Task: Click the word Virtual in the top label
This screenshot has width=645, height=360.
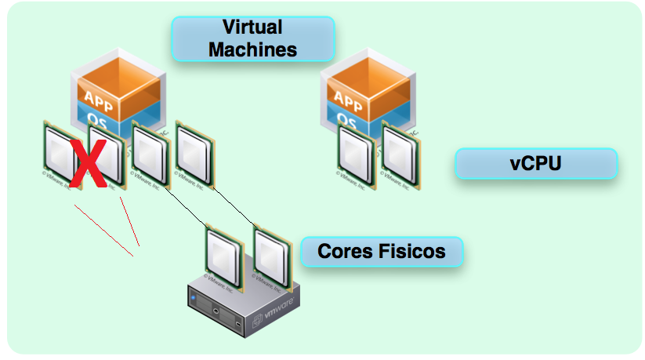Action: click(x=252, y=27)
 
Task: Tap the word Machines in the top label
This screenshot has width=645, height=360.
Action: click(x=252, y=49)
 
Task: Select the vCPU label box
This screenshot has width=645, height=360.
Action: click(x=536, y=164)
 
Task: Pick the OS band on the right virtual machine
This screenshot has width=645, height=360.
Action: click(x=348, y=119)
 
